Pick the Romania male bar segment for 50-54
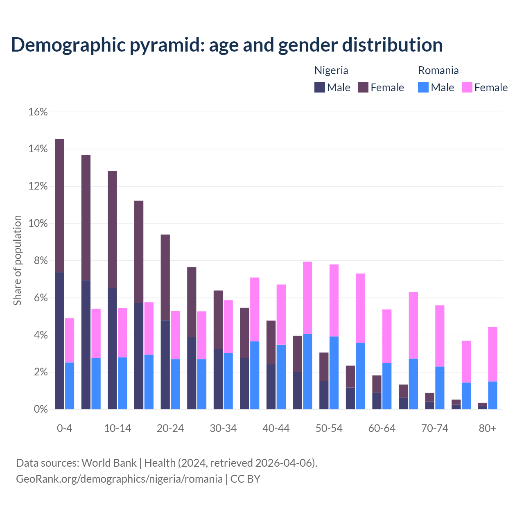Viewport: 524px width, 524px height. [334, 373]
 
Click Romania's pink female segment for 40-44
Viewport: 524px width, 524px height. [281, 314]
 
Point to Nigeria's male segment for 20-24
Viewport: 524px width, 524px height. [165, 364]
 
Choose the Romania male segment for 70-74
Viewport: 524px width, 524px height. [440, 388]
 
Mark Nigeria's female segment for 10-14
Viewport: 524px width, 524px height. [112, 229]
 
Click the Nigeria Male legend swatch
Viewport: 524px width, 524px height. [320, 87]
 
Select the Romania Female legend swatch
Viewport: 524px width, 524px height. [467, 87]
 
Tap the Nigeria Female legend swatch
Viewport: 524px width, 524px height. [363, 87]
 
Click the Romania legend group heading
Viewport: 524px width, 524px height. [438, 70]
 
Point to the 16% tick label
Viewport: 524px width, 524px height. [38, 112]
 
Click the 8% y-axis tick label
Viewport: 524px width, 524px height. [40, 261]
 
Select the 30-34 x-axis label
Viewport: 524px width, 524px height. [223, 428]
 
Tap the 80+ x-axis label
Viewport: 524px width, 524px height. [488, 428]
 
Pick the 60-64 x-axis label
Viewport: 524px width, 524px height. [382, 428]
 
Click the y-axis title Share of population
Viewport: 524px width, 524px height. [17, 260]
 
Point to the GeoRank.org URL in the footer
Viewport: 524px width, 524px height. [119, 479]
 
